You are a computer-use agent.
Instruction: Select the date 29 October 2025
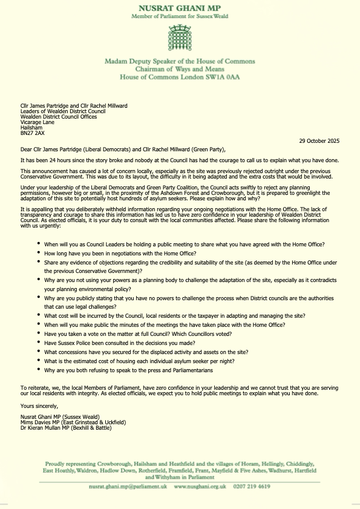pyautogui.click(x=319, y=140)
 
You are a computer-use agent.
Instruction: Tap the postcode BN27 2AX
pyautogui.click(x=32, y=133)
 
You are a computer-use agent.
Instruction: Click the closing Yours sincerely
pyautogui.click(x=36, y=406)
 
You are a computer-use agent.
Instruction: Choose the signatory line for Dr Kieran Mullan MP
pyautogui.click(x=74, y=429)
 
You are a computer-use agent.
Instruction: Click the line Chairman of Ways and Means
pyautogui.click(x=180, y=70)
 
